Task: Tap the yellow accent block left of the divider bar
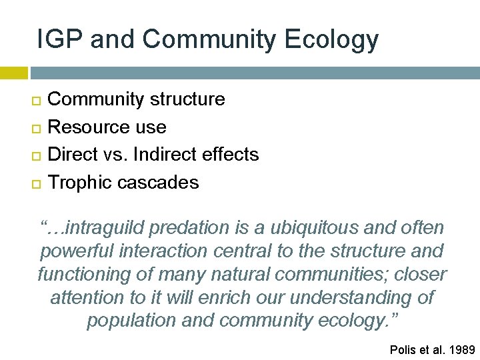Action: pos(13,73)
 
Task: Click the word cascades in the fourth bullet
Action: pos(160,183)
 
